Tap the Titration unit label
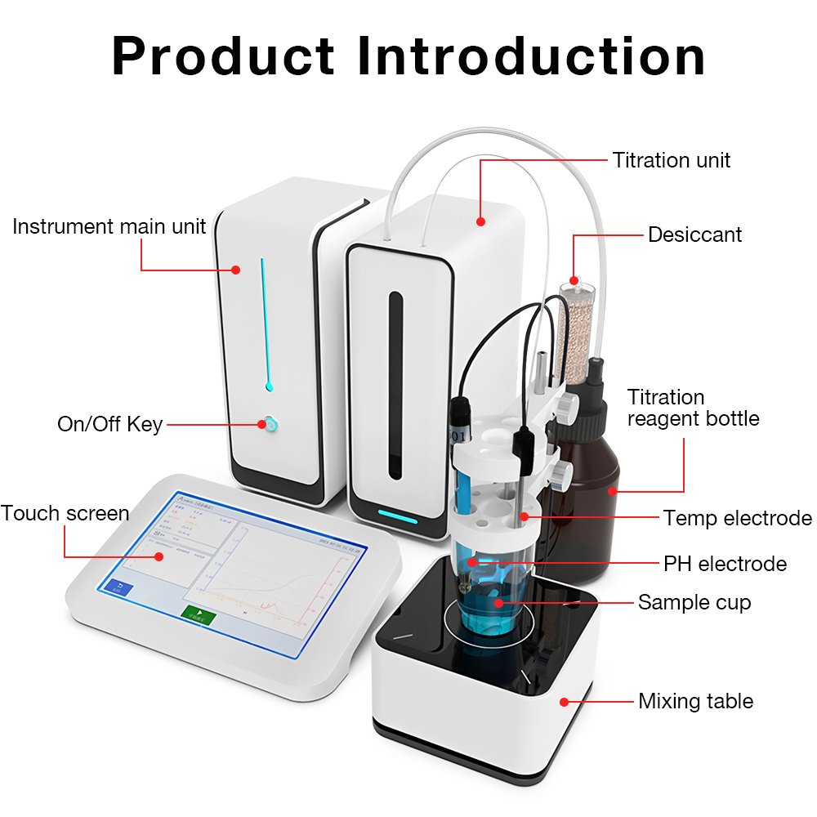[672, 160]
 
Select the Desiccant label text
[694, 235]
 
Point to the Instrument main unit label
[109, 226]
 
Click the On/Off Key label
[109, 424]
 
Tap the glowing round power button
[268, 424]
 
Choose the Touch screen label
[65, 514]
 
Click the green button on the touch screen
[198, 614]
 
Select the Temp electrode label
[737, 518]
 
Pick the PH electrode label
[725, 564]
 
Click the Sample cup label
[694, 603]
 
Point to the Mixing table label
[695, 701]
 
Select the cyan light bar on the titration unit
[397, 518]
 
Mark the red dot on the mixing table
[564, 701]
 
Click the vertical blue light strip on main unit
[264, 323]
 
